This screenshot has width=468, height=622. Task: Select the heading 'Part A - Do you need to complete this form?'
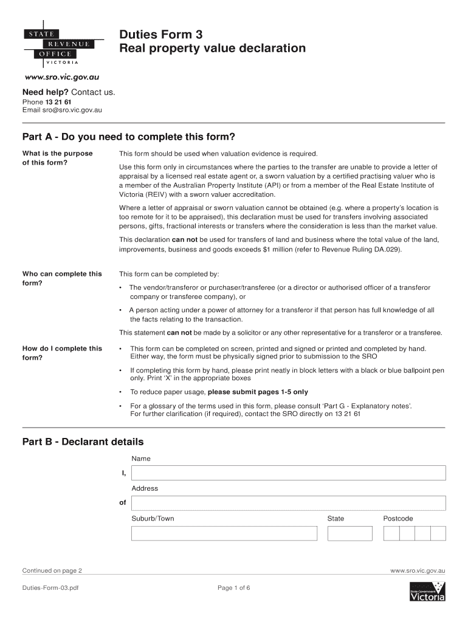tap(128, 136)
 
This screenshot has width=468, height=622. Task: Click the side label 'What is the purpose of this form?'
tap(57, 158)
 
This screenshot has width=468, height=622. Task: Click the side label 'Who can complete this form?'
tap(61, 278)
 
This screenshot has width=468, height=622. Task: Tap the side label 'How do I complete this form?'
tap(61, 353)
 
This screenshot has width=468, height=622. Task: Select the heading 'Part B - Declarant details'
tap(83, 442)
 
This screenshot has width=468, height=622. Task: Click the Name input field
tap(288, 473)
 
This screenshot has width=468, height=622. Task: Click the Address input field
tap(288, 503)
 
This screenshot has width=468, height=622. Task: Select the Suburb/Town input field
tap(224, 533)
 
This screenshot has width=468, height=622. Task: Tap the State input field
tap(349, 533)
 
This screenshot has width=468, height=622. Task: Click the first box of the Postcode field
tap(391, 533)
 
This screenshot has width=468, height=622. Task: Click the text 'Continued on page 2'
tap(52, 571)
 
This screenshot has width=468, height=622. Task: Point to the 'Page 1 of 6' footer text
tap(233, 588)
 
